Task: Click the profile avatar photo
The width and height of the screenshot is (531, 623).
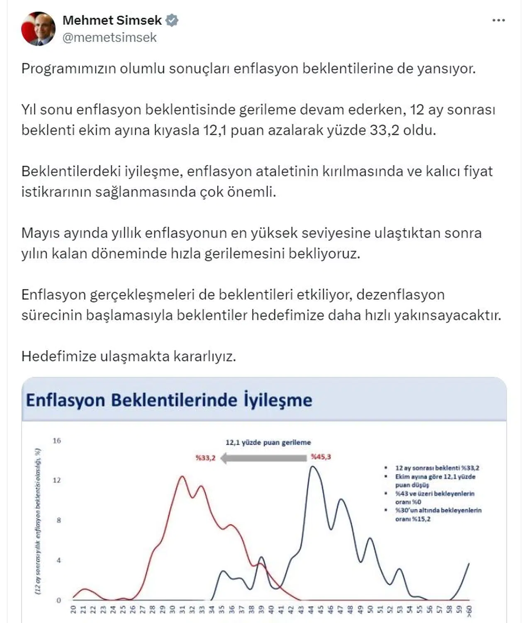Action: pos(38,28)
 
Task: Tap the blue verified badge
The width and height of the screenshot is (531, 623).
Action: pos(172,20)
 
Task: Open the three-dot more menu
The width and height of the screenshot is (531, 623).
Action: pos(498,20)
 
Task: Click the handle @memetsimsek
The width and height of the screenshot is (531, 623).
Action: pos(110,38)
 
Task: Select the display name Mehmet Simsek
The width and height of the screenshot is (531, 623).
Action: pos(112,20)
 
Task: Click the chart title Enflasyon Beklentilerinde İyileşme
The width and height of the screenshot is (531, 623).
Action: pos(169,400)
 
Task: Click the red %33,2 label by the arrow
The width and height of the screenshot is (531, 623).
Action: pos(206,458)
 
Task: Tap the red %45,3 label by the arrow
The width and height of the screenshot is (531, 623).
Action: pos(321,457)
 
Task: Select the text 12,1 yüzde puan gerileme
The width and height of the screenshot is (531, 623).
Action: pos(268,442)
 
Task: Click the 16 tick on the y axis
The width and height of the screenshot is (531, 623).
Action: pos(57,441)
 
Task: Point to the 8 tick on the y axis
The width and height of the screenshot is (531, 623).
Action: pos(58,520)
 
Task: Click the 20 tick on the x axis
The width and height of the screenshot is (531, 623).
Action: pos(73,609)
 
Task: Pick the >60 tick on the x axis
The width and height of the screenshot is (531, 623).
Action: pos(469,610)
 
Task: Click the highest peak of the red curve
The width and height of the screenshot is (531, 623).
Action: pos(182,477)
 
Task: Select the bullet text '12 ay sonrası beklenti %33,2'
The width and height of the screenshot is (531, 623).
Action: pos(437,468)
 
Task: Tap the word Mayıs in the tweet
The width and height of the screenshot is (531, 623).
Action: pos(41,233)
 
